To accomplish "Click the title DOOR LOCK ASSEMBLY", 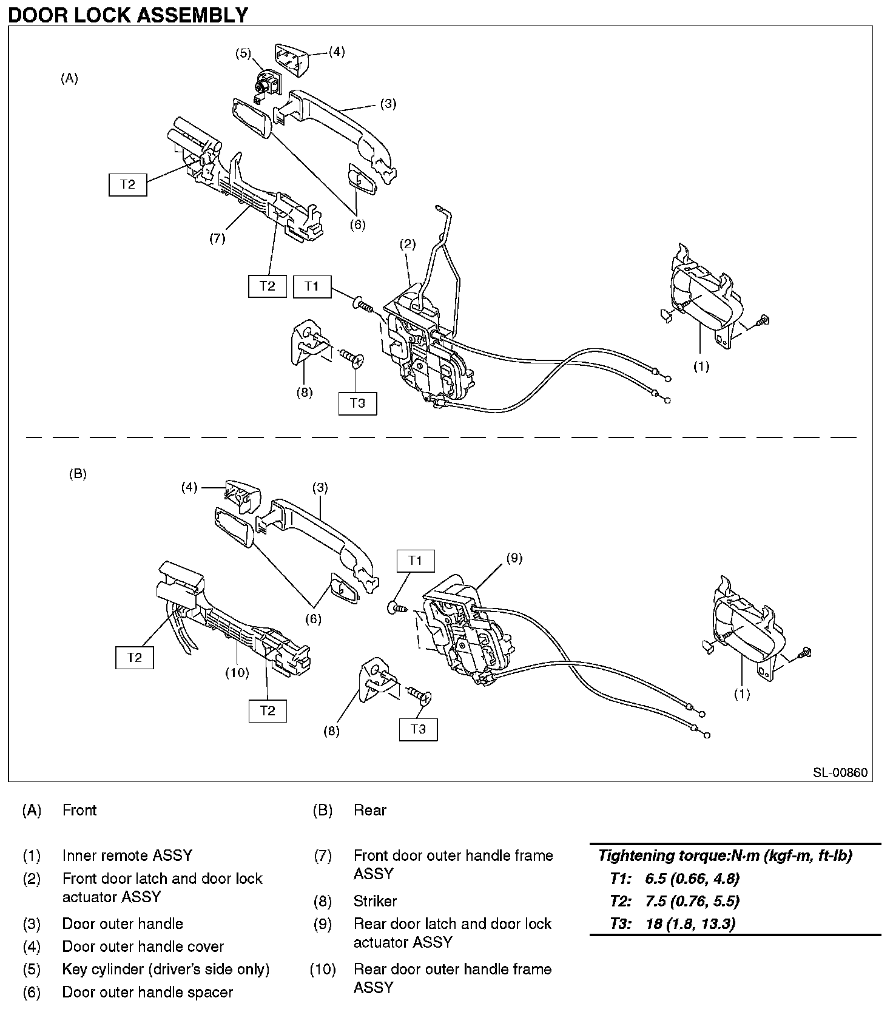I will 128,14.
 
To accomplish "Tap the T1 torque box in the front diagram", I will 312,286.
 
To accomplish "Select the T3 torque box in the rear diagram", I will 418,729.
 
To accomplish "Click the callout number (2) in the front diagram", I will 408,245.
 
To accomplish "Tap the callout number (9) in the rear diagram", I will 514,558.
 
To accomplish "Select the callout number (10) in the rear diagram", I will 237,672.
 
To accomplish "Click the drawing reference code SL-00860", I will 840,772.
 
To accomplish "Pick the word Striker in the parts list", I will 375,901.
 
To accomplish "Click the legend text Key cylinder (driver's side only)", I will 166,969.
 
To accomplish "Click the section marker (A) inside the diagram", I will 70,78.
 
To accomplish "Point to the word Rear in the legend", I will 370,810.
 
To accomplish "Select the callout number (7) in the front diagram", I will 217,238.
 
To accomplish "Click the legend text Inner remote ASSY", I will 127,855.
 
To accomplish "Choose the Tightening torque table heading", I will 725,855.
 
